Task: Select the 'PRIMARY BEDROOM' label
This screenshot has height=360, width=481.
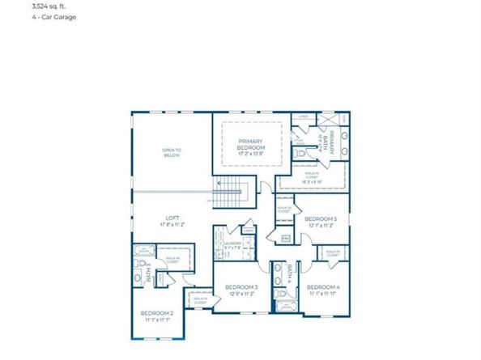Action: point(251,144)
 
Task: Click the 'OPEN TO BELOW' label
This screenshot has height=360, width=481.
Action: point(171,152)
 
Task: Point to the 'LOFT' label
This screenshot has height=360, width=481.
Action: point(172,217)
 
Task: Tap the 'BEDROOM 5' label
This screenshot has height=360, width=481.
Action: point(321,218)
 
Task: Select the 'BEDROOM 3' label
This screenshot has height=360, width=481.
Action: point(241,287)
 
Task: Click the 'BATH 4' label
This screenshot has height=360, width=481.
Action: point(289,273)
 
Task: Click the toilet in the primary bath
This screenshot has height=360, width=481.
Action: point(301,153)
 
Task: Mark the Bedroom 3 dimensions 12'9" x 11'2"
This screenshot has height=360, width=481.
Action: point(241,294)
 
